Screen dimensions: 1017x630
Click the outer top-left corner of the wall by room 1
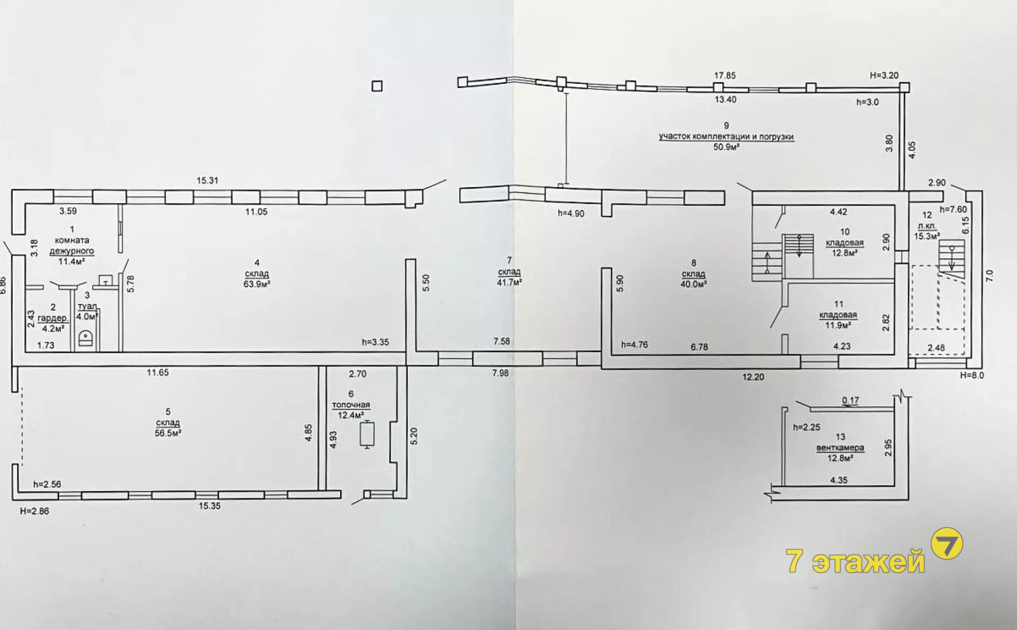12,190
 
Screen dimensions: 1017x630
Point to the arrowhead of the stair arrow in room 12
952,269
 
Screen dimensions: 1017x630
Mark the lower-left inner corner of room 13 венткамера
785,486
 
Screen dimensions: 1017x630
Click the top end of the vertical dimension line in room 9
566,93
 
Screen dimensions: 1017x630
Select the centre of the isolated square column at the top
377,86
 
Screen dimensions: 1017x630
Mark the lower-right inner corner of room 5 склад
318,489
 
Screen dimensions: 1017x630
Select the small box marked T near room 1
106,281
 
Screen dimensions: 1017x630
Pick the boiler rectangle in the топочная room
367,434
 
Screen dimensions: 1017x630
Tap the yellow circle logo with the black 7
947,543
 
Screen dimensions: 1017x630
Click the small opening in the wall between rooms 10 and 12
902,256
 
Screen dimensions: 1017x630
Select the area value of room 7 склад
509,283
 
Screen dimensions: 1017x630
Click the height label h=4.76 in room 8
634,345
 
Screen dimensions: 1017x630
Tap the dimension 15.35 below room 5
209,506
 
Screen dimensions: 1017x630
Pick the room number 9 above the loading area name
726,126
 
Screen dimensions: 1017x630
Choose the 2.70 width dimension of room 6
358,374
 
